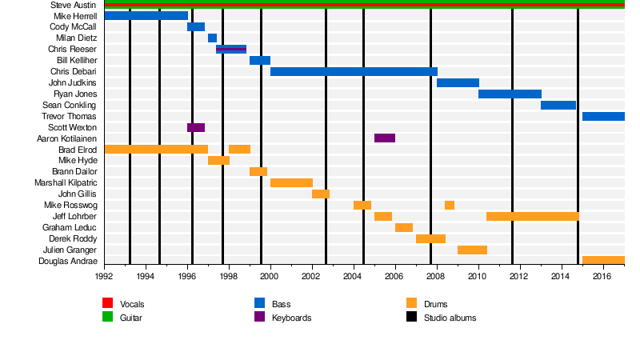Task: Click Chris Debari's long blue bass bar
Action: (x=354, y=72)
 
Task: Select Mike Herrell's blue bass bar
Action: (x=146, y=16)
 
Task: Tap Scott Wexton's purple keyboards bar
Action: (x=196, y=128)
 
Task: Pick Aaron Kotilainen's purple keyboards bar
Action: (x=384, y=138)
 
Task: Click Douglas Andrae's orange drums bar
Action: (x=603, y=261)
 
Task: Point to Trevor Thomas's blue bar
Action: (x=603, y=117)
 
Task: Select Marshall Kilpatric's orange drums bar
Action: (x=291, y=183)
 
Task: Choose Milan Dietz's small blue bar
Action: (x=212, y=38)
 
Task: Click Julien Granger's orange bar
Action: (x=472, y=250)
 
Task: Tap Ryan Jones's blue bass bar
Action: (x=510, y=94)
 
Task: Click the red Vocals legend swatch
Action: (x=108, y=303)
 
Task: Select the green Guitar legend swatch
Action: (x=108, y=318)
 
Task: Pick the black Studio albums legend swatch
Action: (x=412, y=318)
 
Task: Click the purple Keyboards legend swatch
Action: (x=260, y=318)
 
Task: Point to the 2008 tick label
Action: (x=435, y=277)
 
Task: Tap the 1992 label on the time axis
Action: (x=104, y=277)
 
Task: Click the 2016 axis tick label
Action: (x=602, y=277)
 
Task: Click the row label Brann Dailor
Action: (x=74, y=172)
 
